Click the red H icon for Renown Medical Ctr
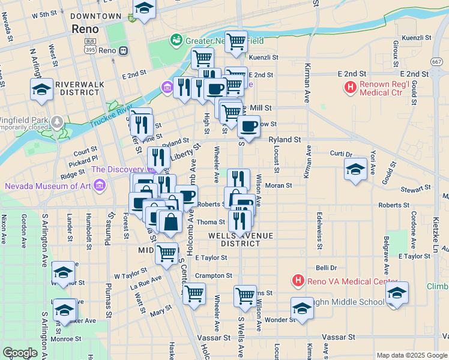pyautogui.click(x=351, y=89)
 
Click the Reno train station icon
pyautogui.click(x=123, y=51)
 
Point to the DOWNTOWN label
pyautogui.click(x=95, y=16)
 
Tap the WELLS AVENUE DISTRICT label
pyautogui.click(x=234, y=239)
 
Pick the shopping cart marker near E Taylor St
pyautogui.click(x=167, y=253)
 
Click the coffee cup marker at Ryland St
pyautogui.click(x=249, y=126)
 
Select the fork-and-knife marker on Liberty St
pyautogui.click(x=158, y=157)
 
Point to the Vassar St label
pyautogui.click(x=340, y=337)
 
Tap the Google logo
pyautogui.click(x=20, y=353)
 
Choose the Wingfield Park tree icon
pyautogui.click(x=57, y=122)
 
